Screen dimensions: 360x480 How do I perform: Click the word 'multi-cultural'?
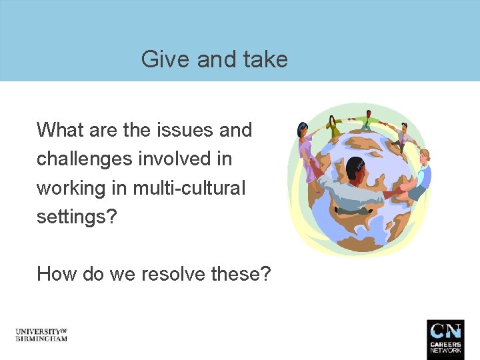189,189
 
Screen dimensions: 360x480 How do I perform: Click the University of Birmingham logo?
41,335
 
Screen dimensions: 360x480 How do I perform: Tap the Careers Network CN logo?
445,339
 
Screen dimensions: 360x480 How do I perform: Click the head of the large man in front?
355,167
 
